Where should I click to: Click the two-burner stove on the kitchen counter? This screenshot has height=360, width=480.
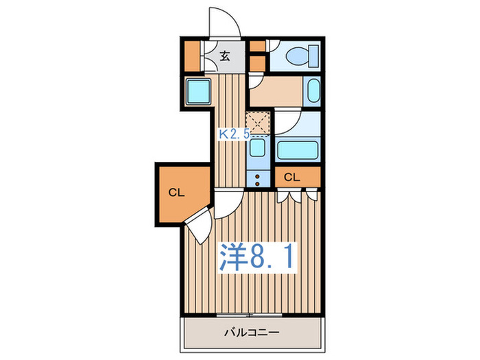tap(259, 179)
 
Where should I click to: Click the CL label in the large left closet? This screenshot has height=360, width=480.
tap(177, 193)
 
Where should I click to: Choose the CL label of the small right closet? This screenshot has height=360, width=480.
tap(292, 177)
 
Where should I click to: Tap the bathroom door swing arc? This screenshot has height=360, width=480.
tap(288, 122)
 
